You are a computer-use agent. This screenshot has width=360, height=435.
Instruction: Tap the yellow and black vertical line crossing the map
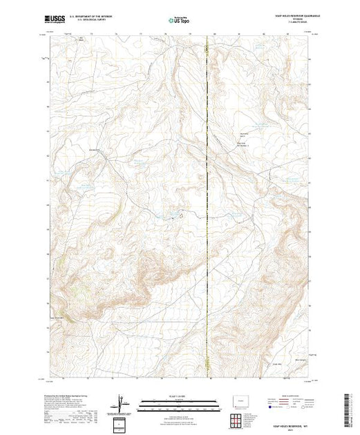pyautogui.click(x=209, y=207)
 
